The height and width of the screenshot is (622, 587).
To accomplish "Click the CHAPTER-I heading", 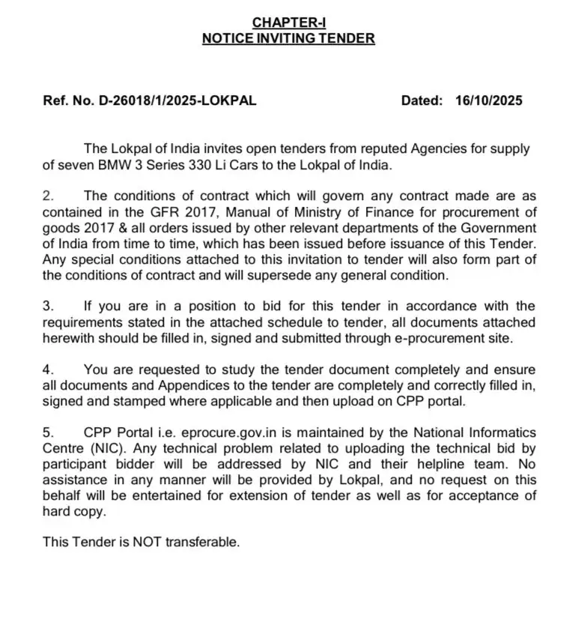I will click(x=288, y=23).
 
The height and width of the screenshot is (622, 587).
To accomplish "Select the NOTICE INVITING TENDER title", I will click(x=288, y=38).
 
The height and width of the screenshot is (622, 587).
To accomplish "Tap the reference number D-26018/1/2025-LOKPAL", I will click(x=177, y=100).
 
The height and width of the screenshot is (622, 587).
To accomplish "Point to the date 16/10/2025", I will click(x=488, y=100).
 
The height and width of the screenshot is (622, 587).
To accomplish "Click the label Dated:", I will click(x=423, y=100).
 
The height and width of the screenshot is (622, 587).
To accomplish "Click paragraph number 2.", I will click(x=49, y=196).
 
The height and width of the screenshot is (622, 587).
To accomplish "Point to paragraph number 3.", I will click(x=49, y=306).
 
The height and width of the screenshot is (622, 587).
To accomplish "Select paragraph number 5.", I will click(x=49, y=432).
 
